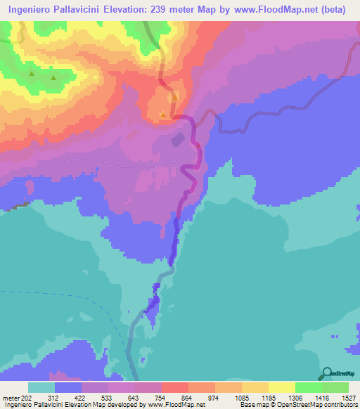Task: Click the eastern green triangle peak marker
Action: pos(53,78)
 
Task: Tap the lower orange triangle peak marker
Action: pos(163,115)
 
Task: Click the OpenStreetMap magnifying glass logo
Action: pos(326,373)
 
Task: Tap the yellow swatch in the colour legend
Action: pos(281,387)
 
